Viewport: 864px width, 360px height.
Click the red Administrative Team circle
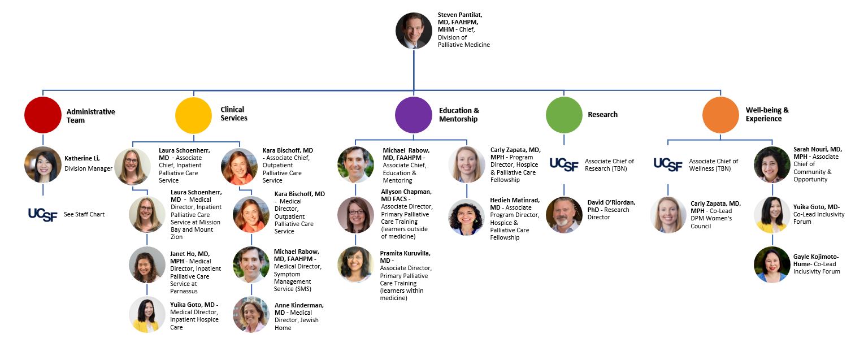point(42,115)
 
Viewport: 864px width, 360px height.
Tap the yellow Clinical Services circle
point(193,115)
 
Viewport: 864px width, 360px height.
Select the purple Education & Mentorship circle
point(414,115)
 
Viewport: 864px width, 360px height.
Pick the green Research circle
point(564,115)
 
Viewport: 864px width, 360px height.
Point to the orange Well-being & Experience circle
point(720,115)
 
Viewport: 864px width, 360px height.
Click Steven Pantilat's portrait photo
point(414,31)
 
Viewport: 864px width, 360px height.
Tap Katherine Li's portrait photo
point(42,164)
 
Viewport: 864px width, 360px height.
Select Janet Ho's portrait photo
point(147,264)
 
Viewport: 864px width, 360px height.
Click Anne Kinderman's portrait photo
point(251,314)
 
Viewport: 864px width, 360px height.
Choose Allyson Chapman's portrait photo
point(355,215)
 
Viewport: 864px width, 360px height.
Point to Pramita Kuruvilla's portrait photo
point(355,264)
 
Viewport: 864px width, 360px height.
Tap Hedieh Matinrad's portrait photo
point(466,217)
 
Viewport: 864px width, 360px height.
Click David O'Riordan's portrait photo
point(564,215)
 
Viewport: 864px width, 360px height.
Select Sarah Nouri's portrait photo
point(772,164)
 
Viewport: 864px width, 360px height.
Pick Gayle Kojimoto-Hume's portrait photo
point(772,264)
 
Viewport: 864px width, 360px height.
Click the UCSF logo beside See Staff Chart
point(42,214)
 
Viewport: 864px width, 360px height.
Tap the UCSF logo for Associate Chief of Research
point(564,164)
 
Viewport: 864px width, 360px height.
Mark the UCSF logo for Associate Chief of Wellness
point(668,164)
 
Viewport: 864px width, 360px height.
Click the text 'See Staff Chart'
point(84,214)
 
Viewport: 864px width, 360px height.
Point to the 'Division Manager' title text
point(88,168)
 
